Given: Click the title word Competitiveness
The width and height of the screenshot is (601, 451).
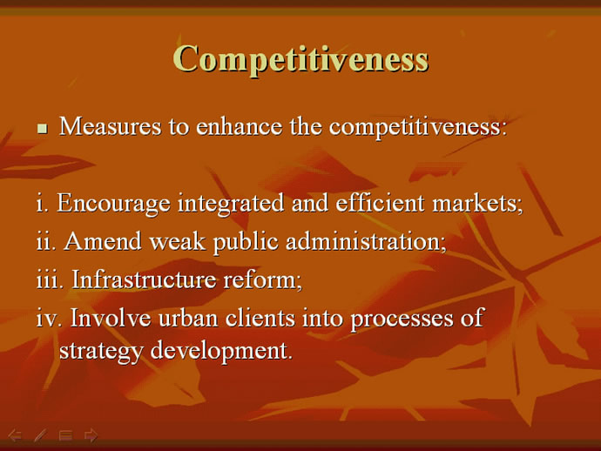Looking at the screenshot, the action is click(300, 59).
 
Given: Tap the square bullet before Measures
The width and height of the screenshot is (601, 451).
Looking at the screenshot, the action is click(43, 128).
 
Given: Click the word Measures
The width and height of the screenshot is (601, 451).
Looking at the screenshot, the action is click(111, 126).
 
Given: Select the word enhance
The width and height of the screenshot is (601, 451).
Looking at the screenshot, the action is click(240, 126).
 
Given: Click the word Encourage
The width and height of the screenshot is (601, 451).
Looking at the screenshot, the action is click(113, 204).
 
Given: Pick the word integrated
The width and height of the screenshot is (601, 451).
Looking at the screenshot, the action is click(231, 204).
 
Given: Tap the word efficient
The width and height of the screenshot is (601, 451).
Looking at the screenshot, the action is click(381, 202).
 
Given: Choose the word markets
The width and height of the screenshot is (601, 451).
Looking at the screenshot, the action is click(477, 203).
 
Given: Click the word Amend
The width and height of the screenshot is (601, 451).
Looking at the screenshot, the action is click(103, 241).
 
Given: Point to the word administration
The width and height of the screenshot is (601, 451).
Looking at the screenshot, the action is click(367, 241).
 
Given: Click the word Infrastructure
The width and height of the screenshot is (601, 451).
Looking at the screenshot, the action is click(144, 279).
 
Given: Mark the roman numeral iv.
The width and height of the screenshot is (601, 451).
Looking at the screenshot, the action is click(49, 318).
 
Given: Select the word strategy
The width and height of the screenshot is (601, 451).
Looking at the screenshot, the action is click(101, 352).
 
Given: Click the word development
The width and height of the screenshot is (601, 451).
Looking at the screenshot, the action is click(221, 352).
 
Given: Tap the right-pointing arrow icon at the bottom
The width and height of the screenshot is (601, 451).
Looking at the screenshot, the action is click(91, 435).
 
